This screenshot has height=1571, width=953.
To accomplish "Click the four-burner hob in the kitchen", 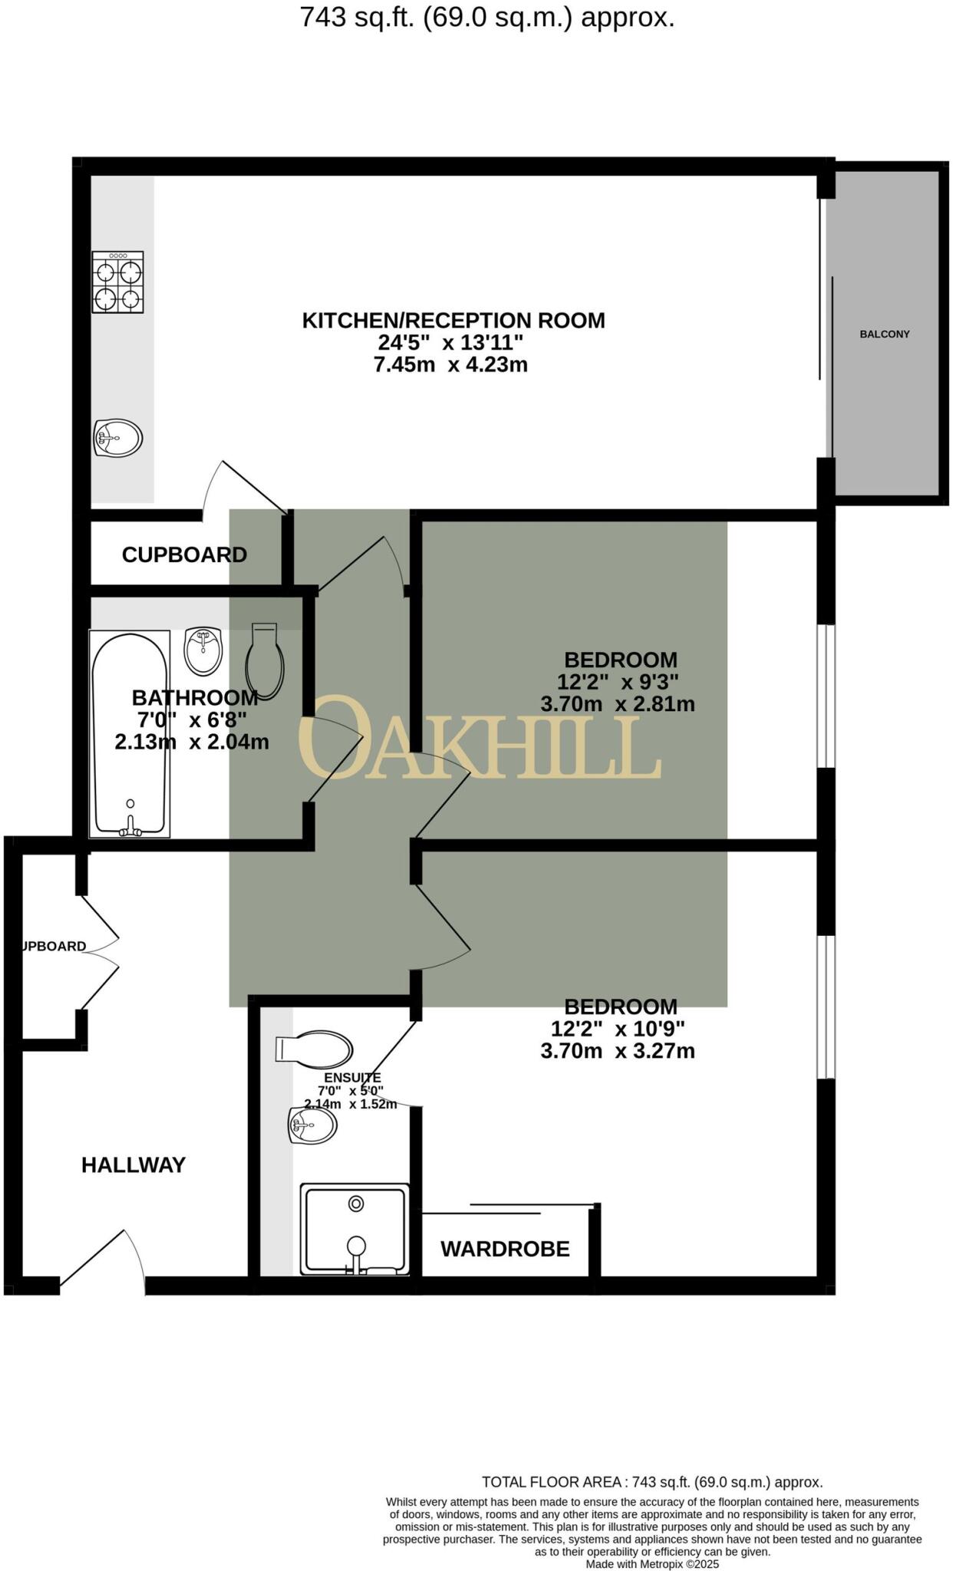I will (118, 282).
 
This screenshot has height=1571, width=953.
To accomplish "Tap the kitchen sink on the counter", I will (118, 439).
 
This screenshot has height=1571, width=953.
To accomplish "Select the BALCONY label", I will (885, 334).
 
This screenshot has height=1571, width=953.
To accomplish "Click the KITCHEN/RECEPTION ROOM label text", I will (453, 321).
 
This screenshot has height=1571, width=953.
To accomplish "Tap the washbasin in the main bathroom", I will (203, 651).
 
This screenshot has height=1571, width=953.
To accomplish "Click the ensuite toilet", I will (315, 1049).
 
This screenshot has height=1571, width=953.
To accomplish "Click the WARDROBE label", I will (505, 1249).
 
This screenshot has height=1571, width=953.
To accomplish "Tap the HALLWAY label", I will (134, 1165).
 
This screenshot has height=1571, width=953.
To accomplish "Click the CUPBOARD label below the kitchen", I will (184, 555).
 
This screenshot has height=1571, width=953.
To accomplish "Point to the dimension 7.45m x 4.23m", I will (450, 365).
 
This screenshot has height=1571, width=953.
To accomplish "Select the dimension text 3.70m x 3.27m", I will (618, 1051).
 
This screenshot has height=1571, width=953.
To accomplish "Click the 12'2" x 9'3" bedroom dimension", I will (618, 681).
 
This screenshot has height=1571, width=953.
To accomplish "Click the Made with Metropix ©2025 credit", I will (652, 1563).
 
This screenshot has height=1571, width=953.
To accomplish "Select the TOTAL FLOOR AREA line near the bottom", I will (652, 1482).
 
